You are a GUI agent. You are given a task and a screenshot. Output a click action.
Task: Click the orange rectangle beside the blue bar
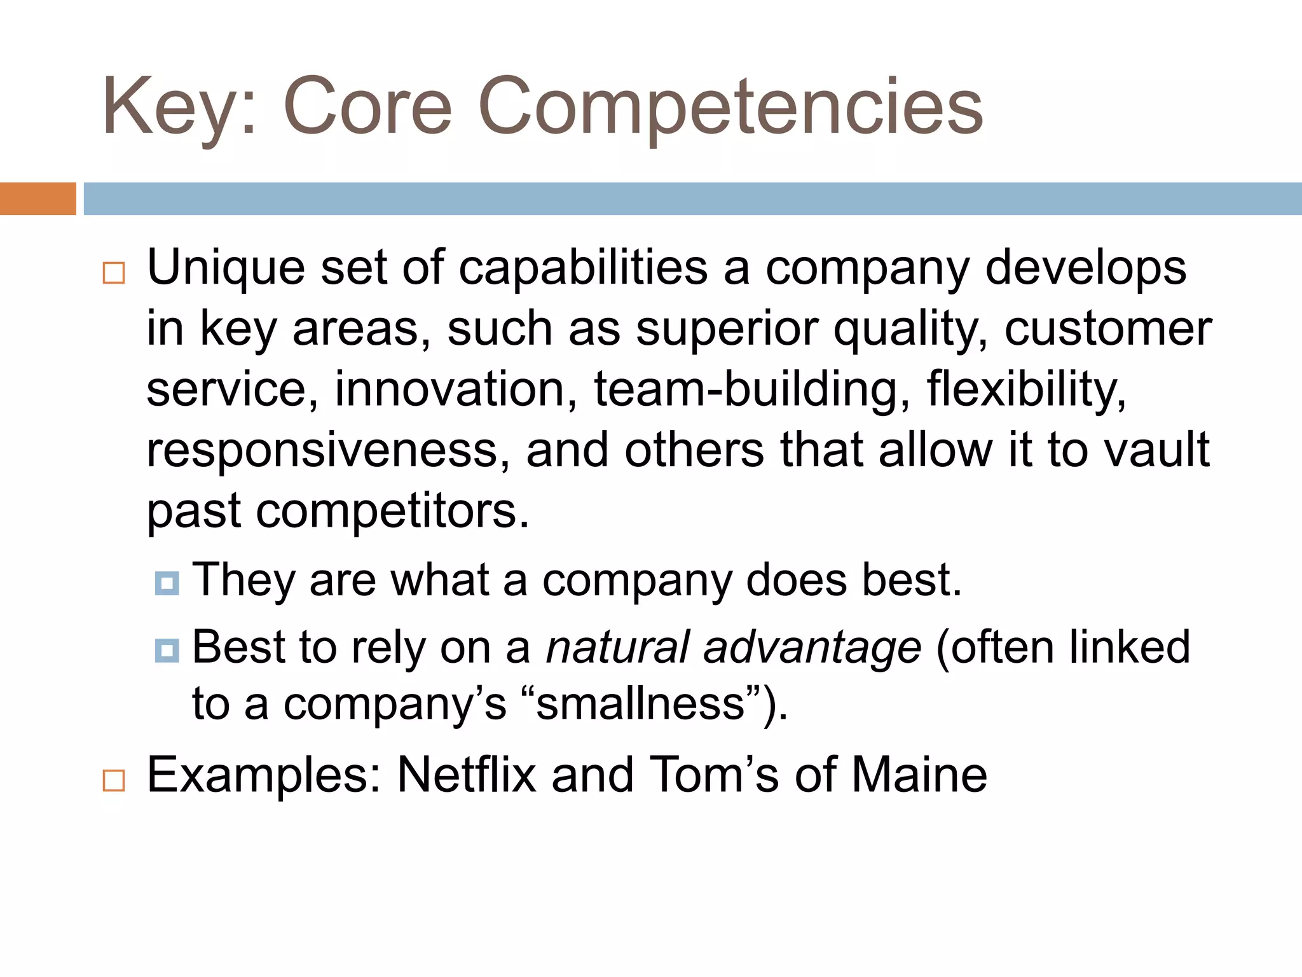tap(38, 198)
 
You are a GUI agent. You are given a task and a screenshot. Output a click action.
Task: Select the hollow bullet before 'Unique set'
tap(114, 273)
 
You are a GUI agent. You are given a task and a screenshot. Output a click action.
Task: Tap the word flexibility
tap(1026, 389)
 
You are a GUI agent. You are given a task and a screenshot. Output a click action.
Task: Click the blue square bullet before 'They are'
tap(167, 582)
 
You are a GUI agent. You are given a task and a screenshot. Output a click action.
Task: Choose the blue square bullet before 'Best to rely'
tap(167, 650)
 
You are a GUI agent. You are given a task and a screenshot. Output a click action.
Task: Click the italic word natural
tap(617, 647)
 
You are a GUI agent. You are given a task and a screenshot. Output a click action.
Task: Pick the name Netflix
tap(467, 775)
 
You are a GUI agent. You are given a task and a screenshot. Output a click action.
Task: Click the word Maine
tap(919, 775)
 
